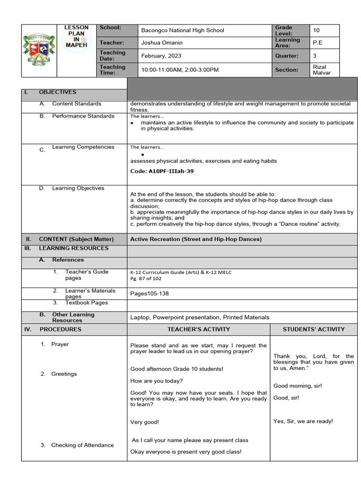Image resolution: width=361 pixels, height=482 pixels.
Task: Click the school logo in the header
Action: click(x=39, y=50)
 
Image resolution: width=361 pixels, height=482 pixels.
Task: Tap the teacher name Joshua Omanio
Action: click(x=162, y=43)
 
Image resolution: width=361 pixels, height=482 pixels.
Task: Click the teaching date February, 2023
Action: click(x=161, y=56)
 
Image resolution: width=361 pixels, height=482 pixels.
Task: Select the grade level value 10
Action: click(x=316, y=30)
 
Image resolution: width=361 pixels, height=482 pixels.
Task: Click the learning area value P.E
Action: click(x=318, y=43)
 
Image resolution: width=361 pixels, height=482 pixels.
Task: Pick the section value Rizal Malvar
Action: click(x=320, y=70)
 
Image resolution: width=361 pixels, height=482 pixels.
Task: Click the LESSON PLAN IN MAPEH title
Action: click(x=76, y=36)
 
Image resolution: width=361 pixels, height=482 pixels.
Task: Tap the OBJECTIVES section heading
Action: click(x=57, y=92)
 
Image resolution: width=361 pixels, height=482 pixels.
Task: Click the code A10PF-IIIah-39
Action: click(x=162, y=171)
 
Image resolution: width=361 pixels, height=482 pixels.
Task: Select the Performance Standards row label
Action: click(x=83, y=116)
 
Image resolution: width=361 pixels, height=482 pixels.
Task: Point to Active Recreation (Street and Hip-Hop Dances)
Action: click(x=196, y=239)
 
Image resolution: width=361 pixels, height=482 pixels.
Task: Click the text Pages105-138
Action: click(x=149, y=294)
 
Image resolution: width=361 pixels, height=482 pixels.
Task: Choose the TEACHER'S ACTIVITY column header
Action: click(x=198, y=329)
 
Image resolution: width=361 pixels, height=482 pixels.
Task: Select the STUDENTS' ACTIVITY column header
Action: click(x=314, y=329)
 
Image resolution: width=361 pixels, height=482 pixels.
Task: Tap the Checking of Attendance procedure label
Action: click(x=82, y=445)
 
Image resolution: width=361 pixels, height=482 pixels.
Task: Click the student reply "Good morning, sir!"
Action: click(x=298, y=386)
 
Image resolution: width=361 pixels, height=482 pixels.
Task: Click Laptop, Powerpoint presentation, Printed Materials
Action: click(x=200, y=317)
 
